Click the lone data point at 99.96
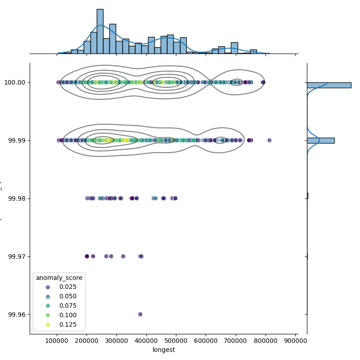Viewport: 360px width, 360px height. tap(140, 314)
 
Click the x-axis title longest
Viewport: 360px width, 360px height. tap(164, 350)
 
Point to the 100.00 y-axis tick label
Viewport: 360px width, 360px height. tap(16, 82)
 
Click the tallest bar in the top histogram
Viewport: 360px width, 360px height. tap(100, 31)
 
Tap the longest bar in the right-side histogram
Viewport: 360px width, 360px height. tap(329, 85)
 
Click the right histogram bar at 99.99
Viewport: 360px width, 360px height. tap(320, 140)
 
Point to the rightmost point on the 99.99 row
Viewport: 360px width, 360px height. tap(270, 140)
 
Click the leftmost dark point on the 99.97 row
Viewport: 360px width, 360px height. tap(87, 256)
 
